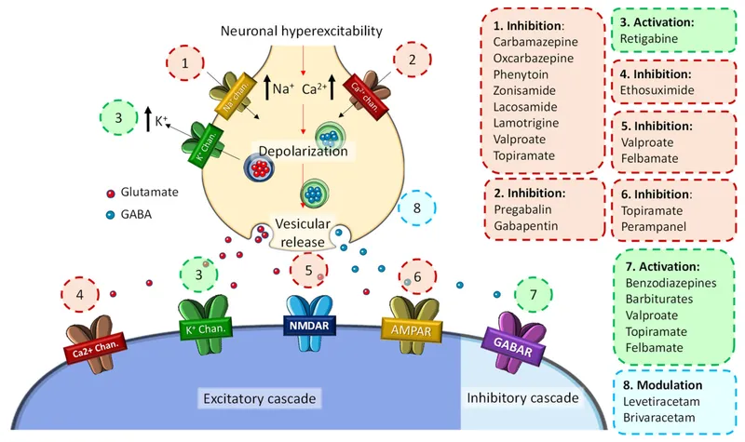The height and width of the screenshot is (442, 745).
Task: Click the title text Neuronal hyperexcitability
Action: [x=301, y=32]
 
